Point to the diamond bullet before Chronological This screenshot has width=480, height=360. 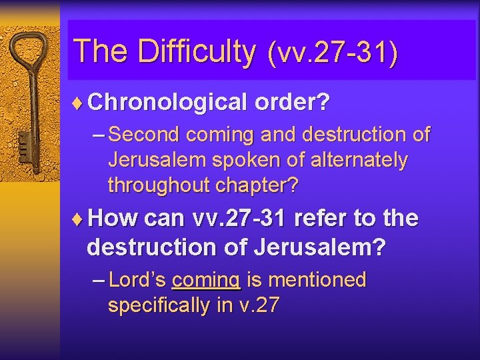(x=79, y=102)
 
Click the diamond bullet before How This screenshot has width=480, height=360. (x=79, y=218)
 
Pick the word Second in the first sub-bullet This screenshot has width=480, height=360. (x=144, y=135)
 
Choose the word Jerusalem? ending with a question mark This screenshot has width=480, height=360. (x=319, y=247)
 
